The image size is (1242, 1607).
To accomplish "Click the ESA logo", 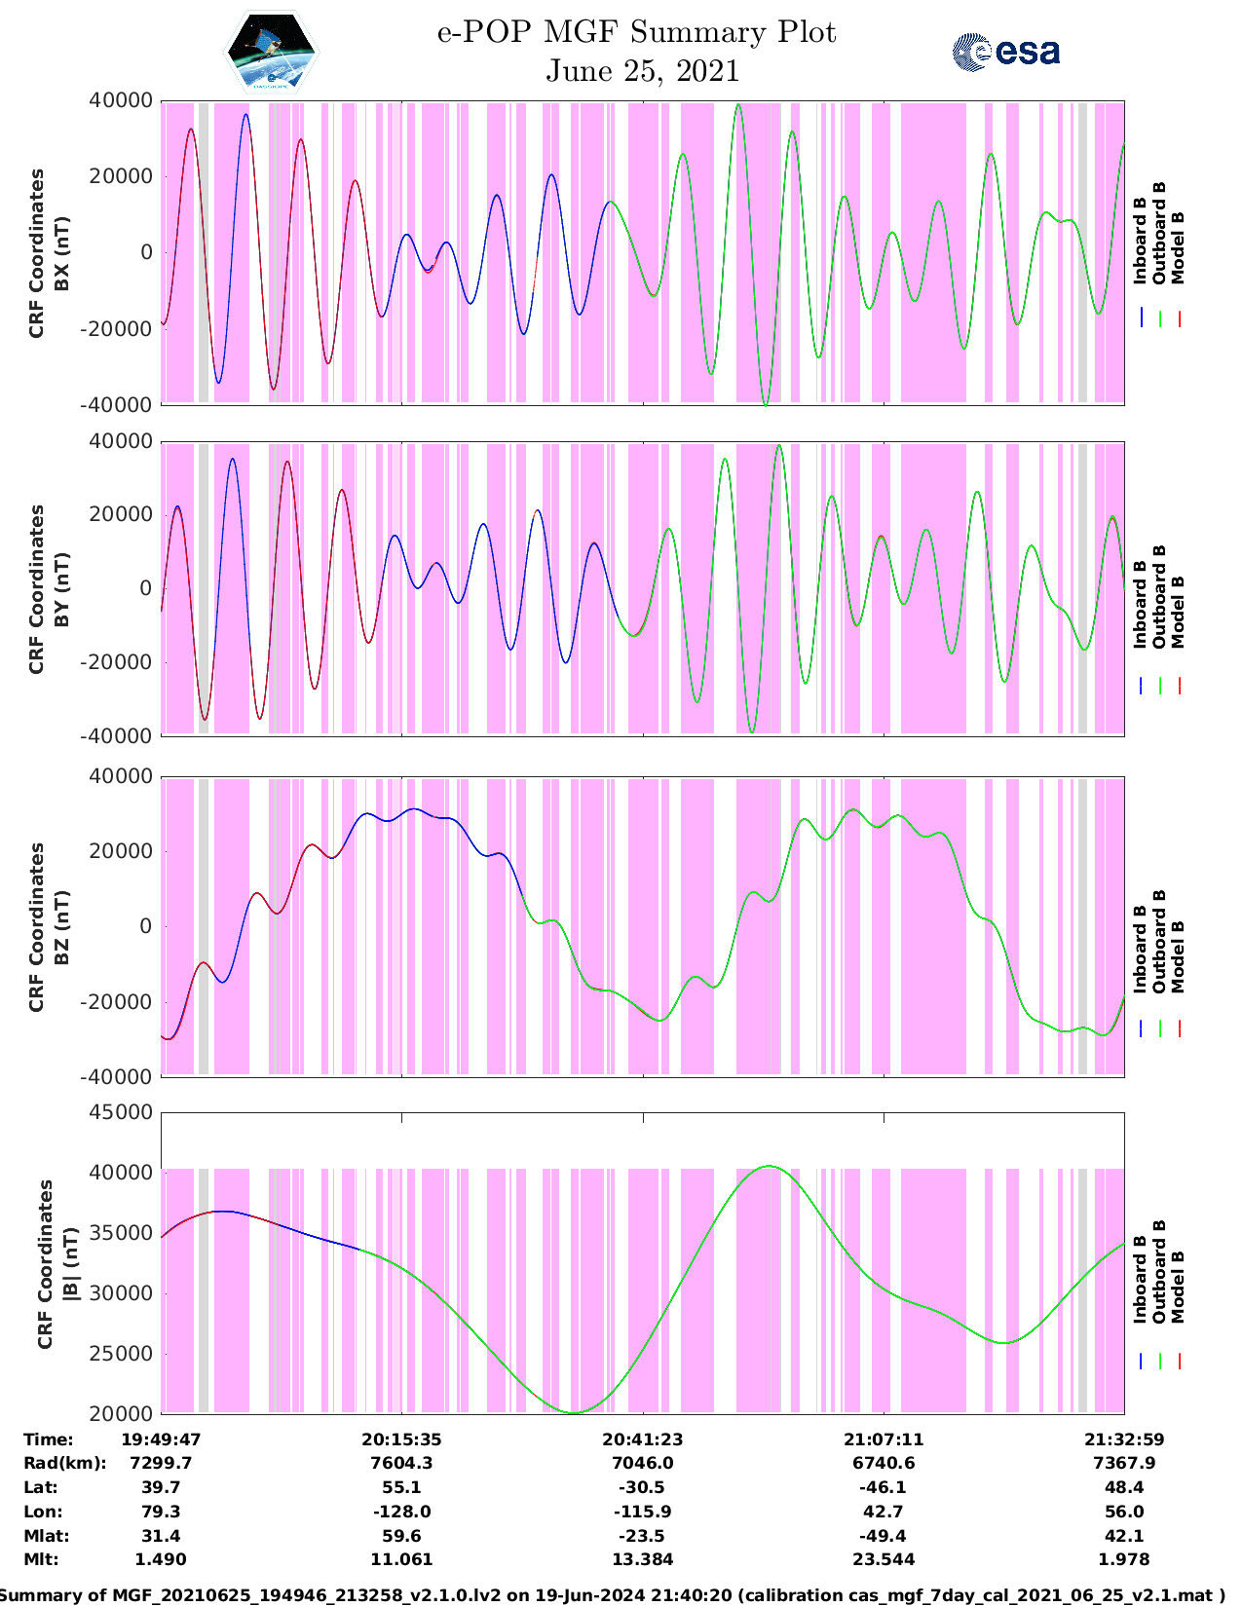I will point(1005,52).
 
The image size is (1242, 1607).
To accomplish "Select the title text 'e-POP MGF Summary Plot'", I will point(636,32).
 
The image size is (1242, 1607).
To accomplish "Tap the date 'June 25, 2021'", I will point(642,71).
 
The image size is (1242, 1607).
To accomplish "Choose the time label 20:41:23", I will point(642,1439).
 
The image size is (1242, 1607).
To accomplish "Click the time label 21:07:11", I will point(883,1439).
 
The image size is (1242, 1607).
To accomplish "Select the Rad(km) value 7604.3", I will point(401,1463).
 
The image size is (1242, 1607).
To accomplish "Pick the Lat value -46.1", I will point(883,1487).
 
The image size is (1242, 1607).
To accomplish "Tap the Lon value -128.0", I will point(401,1512).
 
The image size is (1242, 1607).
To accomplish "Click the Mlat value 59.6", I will point(401,1536).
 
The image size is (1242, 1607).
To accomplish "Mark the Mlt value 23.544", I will point(883,1559).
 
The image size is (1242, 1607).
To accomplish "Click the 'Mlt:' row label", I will point(41,1559).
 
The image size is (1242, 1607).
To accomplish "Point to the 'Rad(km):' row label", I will point(64,1463).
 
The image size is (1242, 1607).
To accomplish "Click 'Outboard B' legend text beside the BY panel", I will point(1159,596).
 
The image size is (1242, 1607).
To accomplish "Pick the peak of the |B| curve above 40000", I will point(769,1166).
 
